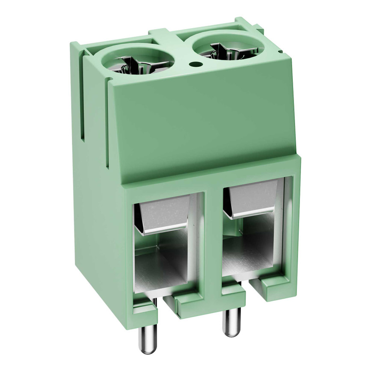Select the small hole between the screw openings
(x=195, y=65)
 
